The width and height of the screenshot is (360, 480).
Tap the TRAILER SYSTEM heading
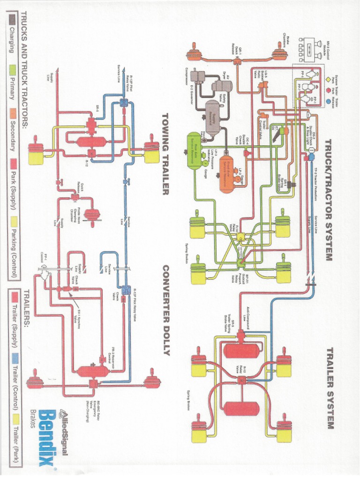click(329, 389)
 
